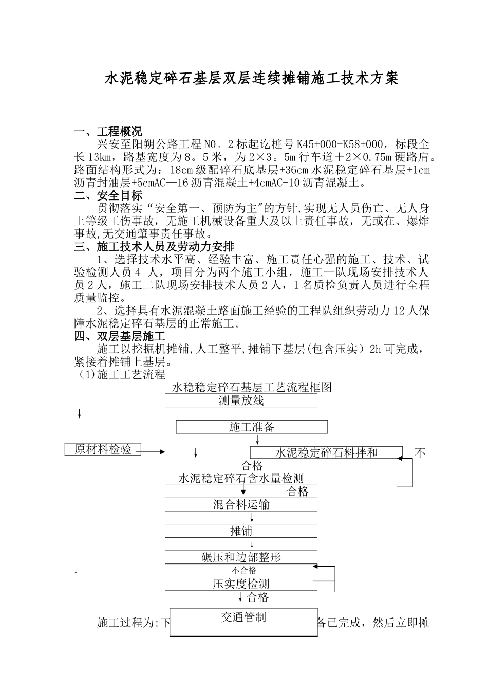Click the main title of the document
coord(252,79)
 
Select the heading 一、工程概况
coord(108,132)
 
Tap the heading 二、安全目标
coord(108,195)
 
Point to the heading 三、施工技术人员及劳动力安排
coord(154,247)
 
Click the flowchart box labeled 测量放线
coord(241,401)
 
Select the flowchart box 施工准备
coord(252,427)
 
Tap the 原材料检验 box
coord(103,449)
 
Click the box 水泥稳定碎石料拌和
coord(326,452)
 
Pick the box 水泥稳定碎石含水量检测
coord(241,478)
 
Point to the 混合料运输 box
coord(241,504)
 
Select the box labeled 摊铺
coord(241,531)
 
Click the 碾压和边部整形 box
coord(241,557)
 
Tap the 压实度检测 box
coord(241,584)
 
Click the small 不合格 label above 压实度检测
coord(243,570)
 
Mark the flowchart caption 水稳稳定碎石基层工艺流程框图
coord(252,387)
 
